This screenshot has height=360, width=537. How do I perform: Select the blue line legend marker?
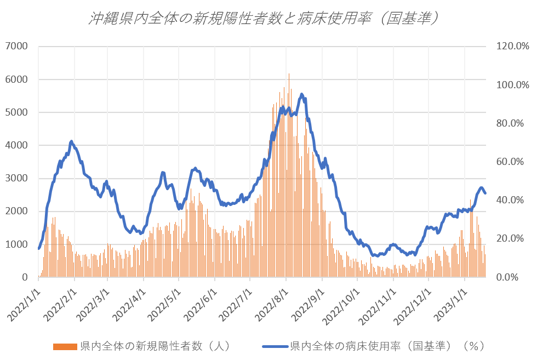point(275,346)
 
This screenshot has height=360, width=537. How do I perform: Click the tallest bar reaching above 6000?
point(289,75)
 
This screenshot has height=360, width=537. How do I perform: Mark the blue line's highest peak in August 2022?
point(302,94)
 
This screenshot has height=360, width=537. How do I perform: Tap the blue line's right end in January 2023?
point(485,193)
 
